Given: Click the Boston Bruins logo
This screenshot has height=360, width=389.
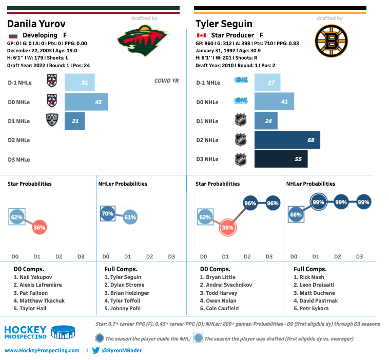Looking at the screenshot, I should pyautogui.click(x=328, y=42).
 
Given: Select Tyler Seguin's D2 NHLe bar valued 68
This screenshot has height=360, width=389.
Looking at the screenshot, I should pyautogui.click(x=287, y=140).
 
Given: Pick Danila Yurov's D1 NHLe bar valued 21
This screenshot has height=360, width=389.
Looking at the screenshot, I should pyautogui.click(x=74, y=121).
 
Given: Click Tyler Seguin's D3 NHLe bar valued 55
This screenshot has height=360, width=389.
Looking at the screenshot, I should pyautogui.click(x=281, y=159).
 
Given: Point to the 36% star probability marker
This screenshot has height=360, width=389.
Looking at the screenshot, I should pyautogui.click(x=40, y=227).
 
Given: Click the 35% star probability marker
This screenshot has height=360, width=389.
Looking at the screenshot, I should pyautogui.click(x=228, y=227).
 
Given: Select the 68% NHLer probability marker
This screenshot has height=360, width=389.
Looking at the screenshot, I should pyautogui.click(x=296, y=214).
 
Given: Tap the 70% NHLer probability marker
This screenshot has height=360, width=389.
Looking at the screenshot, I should pyautogui.click(x=107, y=213).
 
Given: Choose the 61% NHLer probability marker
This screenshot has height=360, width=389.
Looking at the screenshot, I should pyautogui.click(x=130, y=217).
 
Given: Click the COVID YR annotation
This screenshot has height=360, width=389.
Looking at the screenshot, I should pyautogui.click(x=166, y=81).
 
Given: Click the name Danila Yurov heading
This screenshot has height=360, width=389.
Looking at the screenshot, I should pyautogui.click(x=36, y=24).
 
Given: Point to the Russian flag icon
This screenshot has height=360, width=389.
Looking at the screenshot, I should pyautogui.click(x=13, y=35).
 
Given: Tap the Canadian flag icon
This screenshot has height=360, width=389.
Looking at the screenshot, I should pyautogui.click(x=201, y=35).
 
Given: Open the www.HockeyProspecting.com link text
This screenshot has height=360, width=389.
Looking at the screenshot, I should pyautogui.click(x=42, y=351).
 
